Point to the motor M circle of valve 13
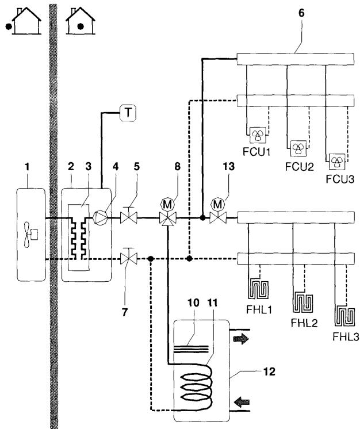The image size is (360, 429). [x=219, y=204]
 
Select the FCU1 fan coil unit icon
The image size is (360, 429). [x=254, y=136]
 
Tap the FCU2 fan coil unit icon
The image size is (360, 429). [x=298, y=148]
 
